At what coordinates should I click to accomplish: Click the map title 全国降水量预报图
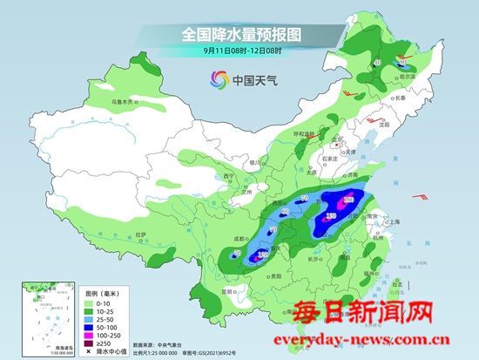point(239,34)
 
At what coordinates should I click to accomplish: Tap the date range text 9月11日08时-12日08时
point(239,52)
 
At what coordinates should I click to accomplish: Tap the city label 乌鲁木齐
point(124,102)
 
